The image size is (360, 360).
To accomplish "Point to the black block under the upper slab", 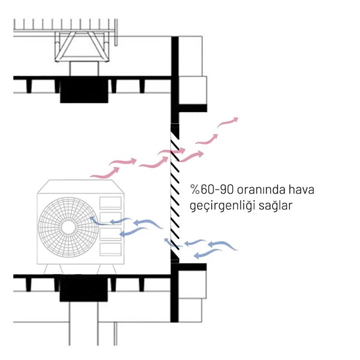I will point(84,90).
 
